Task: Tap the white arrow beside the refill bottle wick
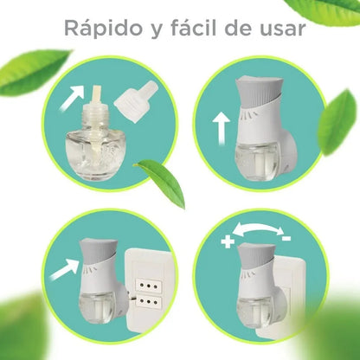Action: (73, 97)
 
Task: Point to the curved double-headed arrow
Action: (257, 229)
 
